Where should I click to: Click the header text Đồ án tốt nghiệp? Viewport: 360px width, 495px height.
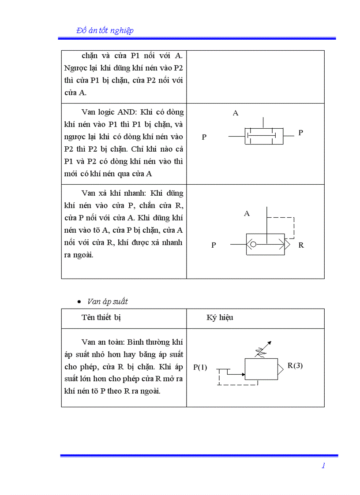tap(105, 30)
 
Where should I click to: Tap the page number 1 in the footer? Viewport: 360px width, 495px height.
tap(323, 465)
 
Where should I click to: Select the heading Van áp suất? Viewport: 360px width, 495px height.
tap(108, 301)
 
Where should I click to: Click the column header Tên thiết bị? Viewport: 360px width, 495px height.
tap(101, 317)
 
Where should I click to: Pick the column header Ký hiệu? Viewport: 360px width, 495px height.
tap(220, 317)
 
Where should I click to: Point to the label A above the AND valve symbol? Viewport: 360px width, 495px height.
tap(236, 113)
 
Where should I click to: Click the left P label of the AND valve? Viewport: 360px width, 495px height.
tap(204, 137)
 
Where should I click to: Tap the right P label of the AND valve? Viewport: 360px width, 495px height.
tap(300, 132)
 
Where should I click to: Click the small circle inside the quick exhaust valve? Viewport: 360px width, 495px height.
tap(253, 244)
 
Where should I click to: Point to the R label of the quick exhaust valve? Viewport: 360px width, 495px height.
tap(301, 245)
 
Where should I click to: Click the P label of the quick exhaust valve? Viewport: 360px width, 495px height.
tap(214, 245)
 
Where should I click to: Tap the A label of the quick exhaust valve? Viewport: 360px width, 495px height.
tap(247, 214)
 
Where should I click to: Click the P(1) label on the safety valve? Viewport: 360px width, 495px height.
tap(200, 367)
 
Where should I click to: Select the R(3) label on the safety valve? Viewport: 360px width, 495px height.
tap(295, 365)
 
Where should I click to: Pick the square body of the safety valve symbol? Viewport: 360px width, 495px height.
tap(261, 369)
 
